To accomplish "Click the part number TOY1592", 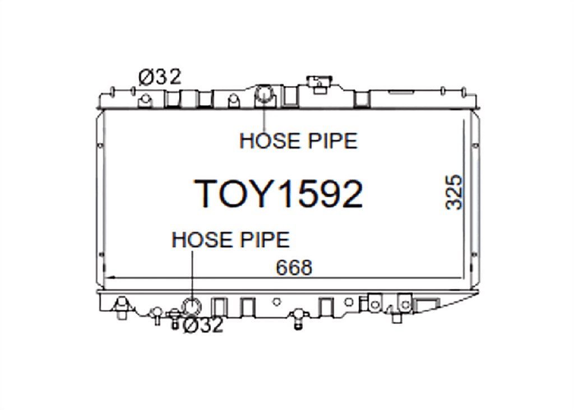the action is (x=278, y=194).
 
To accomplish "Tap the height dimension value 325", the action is (x=454, y=192).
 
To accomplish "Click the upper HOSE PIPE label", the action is (x=298, y=141).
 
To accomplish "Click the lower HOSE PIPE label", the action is (x=230, y=240).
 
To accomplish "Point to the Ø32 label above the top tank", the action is (x=160, y=77).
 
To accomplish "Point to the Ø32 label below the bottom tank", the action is (x=203, y=325).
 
